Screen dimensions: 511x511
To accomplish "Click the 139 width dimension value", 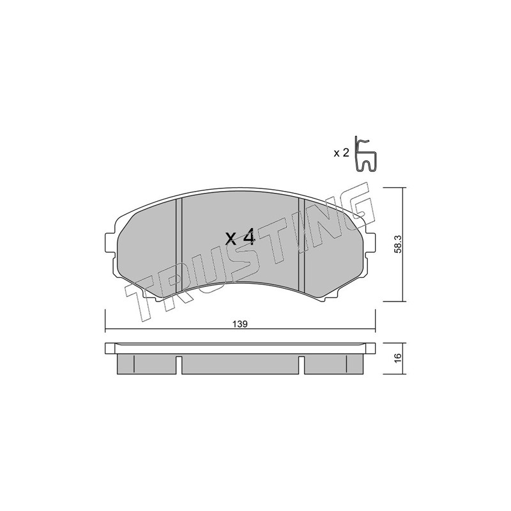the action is pyautogui.click(x=240, y=324).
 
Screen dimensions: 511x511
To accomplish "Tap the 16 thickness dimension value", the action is pyautogui.click(x=397, y=358).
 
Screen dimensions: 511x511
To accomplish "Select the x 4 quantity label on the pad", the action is pyautogui.click(x=241, y=237).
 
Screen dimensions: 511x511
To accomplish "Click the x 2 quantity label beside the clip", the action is pyautogui.click(x=341, y=153).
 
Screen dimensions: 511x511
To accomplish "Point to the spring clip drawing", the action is pyautogui.click(x=365, y=154).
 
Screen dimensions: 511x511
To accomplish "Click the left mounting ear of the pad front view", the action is pyautogui.click(x=110, y=243).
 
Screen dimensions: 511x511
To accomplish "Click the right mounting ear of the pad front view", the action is pyautogui.click(x=370, y=243).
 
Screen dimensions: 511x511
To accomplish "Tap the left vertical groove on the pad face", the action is pyautogui.click(x=179, y=245).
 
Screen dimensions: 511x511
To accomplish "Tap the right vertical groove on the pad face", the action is pyautogui.click(x=301, y=245).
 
